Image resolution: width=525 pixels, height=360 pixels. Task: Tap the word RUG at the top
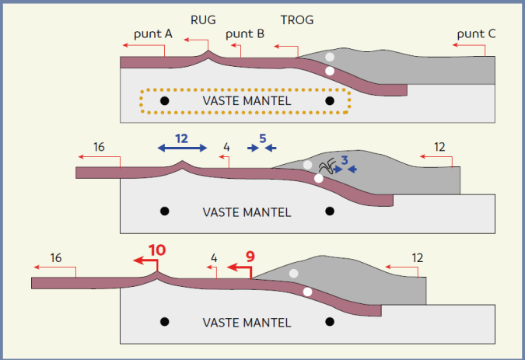(204, 20)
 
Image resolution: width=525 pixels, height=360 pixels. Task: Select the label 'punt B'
(245, 34)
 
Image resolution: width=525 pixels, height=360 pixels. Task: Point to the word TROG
(296, 20)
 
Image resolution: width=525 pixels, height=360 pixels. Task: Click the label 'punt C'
(476, 34)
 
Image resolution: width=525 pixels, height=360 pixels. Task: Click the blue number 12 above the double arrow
(181, 138)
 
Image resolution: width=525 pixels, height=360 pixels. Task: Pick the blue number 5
(263, 138)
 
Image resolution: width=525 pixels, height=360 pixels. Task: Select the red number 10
(157, 250)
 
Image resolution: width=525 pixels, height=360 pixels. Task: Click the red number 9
(250, 255)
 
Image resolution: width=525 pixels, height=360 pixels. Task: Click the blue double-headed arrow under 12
(182, 147)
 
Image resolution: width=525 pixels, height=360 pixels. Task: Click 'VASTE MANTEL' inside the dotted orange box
(247, 100)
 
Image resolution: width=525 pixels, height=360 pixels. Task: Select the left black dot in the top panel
(164, 101)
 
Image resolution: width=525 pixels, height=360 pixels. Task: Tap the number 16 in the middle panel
(99, 146)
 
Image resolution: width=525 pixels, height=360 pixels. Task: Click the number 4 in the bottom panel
(214, 257)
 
